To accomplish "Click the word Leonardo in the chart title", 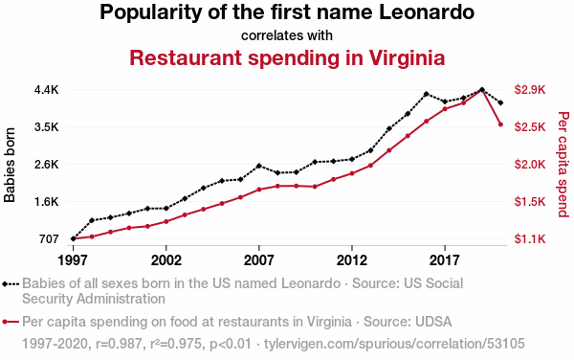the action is click(x=427, y=12).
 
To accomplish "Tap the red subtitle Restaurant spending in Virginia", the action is click(x=287, y=57).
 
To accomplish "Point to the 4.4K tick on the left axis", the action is click(x=47, y=90).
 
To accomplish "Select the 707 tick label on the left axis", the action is click(x=49, y=239).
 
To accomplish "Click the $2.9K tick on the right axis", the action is click(x=530, y=90).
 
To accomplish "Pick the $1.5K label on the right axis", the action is click(x=530, y=202).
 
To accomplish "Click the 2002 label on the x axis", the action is click(x=166, y=260).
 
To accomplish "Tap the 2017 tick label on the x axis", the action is click(x=445, y=260).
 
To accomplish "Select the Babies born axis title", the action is click(x=10, y=165).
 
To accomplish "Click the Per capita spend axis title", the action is click(x=563, y=164).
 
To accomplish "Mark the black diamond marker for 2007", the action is click(x=259, y=166).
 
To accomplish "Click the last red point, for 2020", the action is click(x=500, y=124).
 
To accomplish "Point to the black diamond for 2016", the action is click(x=426, y=94).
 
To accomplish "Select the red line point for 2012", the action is click(x=352, y=173).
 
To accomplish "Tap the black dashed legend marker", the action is click(x=11, y=284).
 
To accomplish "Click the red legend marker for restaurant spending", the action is click(x=11, y=323).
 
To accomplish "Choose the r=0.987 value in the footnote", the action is click(x=119, y=344).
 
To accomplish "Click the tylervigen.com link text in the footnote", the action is click(x=394, y=344).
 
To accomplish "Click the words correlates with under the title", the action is click(x=287, y=35).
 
